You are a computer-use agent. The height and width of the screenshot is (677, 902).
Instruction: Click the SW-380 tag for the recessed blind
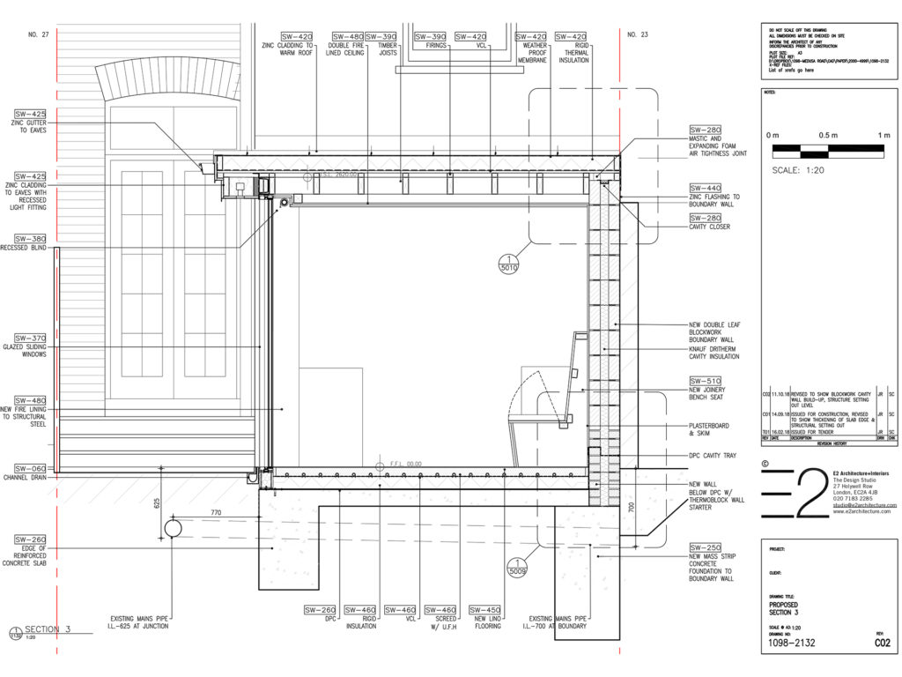click(30, 238)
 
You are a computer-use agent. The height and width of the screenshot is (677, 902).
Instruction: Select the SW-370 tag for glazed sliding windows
click(30, 338)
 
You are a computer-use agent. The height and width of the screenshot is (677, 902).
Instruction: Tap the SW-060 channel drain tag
click(30, 468)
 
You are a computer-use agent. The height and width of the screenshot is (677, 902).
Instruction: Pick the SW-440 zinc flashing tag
click(705, 188)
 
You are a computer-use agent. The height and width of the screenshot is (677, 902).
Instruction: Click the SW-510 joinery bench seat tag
click(705, 381)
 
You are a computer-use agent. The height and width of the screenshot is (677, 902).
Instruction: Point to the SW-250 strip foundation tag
click(705, 547)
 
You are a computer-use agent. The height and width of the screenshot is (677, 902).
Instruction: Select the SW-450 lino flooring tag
click(485, 609)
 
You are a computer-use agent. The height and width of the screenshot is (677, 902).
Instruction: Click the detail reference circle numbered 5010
click(507, 262)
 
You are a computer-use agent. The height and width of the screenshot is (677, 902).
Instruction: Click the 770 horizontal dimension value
click(216, 511)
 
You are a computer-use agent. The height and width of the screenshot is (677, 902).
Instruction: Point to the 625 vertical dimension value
click(157, 502)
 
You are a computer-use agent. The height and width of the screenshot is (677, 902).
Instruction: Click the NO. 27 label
click(37, 34)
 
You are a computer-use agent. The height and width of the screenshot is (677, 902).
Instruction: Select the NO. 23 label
click(638, 34)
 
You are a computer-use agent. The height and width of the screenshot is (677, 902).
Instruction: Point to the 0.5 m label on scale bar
click(827, 134)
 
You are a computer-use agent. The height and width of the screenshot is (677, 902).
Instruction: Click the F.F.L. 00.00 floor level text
click(406, 464)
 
